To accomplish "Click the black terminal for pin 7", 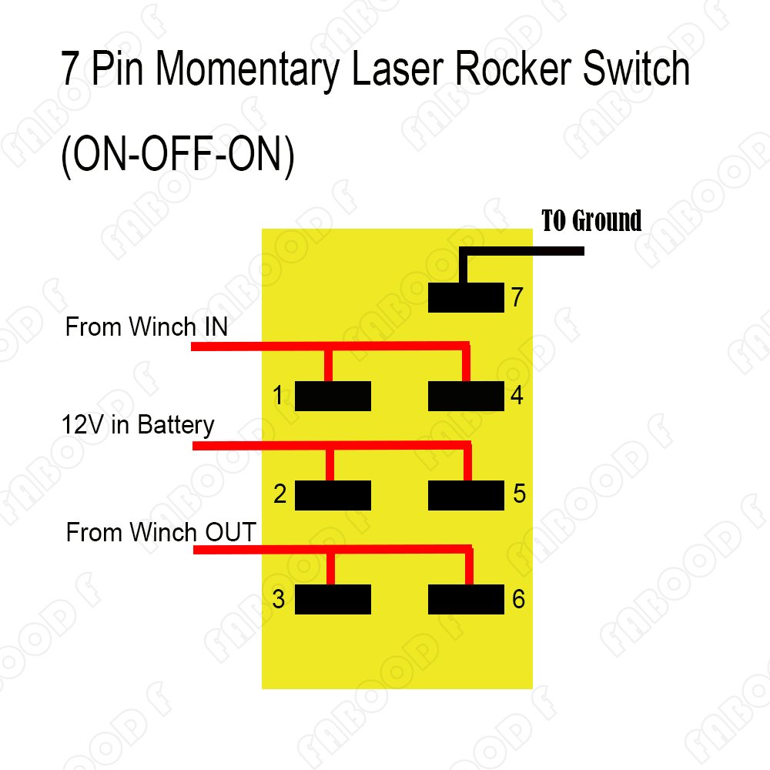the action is (466, 297).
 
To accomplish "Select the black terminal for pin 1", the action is (333, 396).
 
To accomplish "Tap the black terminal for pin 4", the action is (466, 396).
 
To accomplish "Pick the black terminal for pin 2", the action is (333, 495).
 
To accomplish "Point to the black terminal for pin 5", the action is (466, 495).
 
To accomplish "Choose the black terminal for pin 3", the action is (333, 599).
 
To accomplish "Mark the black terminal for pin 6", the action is (466, 599).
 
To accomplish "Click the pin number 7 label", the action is (517, 297).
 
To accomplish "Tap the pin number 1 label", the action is (278, 395).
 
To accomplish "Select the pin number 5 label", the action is (520, 494).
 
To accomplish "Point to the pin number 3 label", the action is (279, 598).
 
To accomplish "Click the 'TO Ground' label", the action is (591, 220).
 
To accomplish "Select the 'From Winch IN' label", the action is (146, 326).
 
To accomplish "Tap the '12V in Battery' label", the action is (138, 425).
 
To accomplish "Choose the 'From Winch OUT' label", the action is (161, 532).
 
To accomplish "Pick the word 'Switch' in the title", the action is (637, 69).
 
